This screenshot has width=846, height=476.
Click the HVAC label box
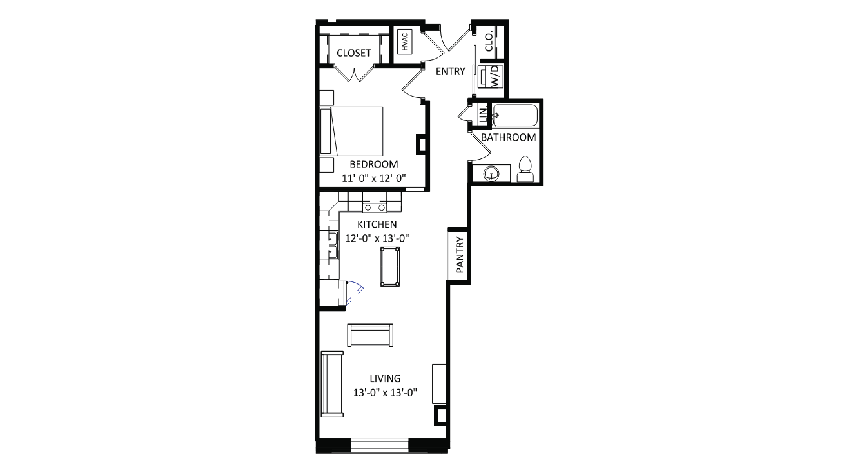click(405, 42)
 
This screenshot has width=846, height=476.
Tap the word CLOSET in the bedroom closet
click(354, 53)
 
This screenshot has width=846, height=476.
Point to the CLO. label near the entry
click(489, 41)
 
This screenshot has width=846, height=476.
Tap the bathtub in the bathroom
click(515, 115)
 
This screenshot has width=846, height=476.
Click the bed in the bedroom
click(351, 131)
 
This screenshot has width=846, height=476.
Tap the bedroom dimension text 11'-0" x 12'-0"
click(374, 178)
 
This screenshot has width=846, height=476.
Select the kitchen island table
click(390, 267)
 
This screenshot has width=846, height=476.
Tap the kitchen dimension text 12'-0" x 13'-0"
click(377, 238)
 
